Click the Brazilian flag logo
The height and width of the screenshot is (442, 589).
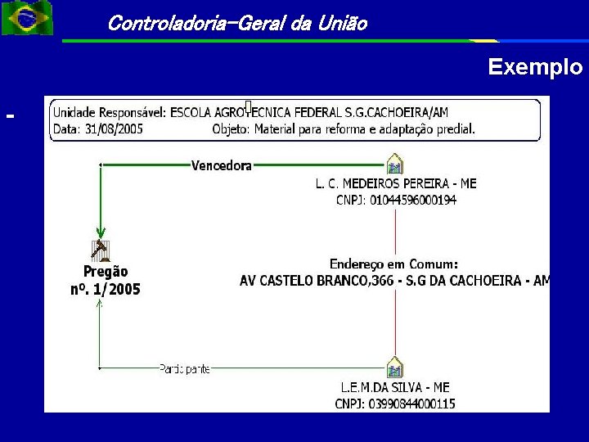click(x=27, y=18)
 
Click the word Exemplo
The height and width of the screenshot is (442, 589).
click(x=535, y=67)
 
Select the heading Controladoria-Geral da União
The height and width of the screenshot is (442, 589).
click(x=237, y=23)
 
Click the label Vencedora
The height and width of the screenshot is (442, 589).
click(x=222, y=165)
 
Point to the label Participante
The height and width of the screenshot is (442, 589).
click(x=185, y=369)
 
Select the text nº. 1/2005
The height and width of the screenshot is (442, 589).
click(x=106, y=289)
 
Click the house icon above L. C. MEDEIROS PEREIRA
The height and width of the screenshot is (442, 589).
click(x=395, y=164)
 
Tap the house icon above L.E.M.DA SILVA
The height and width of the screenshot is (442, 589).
click(x=395, y=368)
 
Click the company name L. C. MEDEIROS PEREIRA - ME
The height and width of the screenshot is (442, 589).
click(x=396, y=183)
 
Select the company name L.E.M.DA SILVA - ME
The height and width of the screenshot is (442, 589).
click(x=396, y=387)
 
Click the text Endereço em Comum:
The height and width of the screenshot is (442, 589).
click(x=393, y=264)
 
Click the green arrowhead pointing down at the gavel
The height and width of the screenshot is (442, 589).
click(x=101, y=231)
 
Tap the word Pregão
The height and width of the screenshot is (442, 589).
click(x=106, y=271)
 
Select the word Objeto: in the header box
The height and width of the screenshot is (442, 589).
click(x=232, y=129)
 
